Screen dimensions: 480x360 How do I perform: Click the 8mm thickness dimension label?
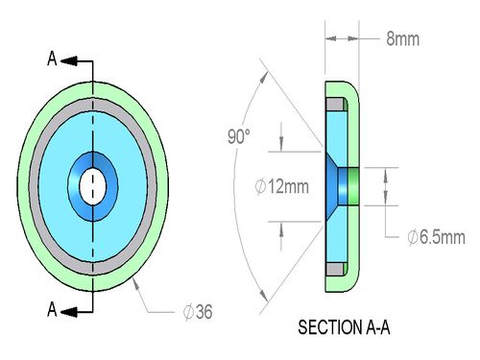coord(402,39)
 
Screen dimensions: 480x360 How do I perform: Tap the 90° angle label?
coord(239,136)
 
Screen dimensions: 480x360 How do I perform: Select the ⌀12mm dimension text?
coord(282,186)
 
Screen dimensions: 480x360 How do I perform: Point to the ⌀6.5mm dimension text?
coord(436,237)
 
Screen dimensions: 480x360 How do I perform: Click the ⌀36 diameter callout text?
coord(198,312)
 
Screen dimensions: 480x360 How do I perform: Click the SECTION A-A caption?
coord(344,327)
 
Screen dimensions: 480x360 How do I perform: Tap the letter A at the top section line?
coord(52,59)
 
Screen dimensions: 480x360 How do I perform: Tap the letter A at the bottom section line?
coord(52,309)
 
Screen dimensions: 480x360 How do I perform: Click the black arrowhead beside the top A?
coord(69,60)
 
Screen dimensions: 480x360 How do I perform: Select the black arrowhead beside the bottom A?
coord(69,312)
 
